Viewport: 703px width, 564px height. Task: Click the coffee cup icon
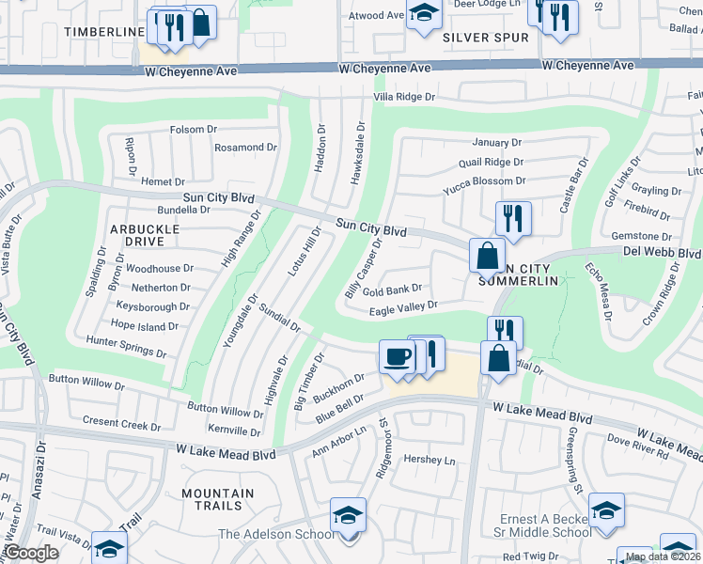(x=397, y=357)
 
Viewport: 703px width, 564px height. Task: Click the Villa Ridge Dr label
(x=404, y=97)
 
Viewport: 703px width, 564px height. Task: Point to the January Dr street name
(x=496, y=143)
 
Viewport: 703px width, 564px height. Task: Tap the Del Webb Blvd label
(x=663, y=253)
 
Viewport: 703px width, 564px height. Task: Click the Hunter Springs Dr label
(x=125, y=347)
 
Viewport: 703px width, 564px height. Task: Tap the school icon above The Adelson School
(x=348, y=516)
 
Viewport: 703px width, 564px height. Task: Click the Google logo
(x=31, y=553)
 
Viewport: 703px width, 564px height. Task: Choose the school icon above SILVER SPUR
(x=424, y=11)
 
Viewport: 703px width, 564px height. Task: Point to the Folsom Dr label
(x=193, y=130)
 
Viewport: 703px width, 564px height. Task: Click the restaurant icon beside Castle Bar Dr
(x=513, y=218)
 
